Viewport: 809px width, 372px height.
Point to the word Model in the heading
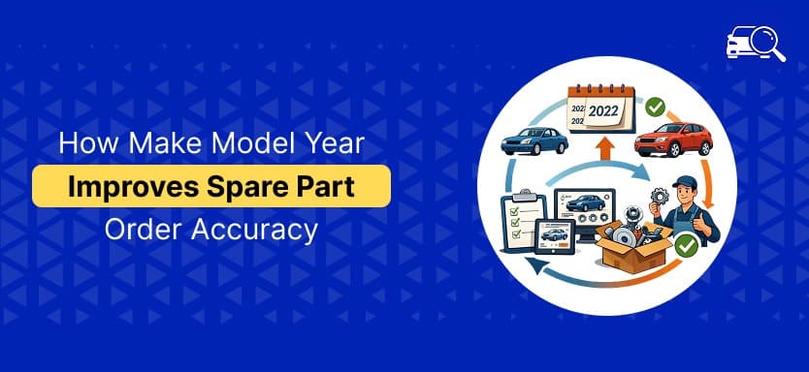tap(223, 143)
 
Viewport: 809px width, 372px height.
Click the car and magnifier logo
tap(755, 44)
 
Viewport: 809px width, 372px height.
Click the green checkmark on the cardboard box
tap(687, 247)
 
